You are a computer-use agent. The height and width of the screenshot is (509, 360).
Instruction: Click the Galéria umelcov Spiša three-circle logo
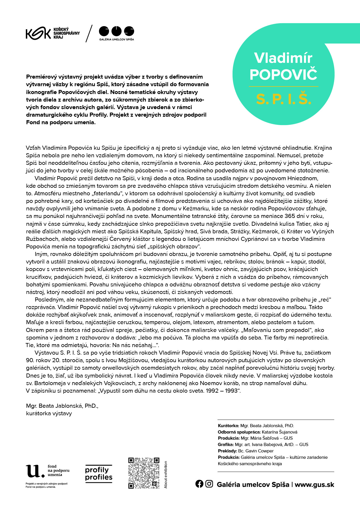pyautogui.click(x=116, y=31)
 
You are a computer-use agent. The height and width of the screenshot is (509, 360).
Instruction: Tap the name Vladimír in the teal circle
pyautogui.click(x=283, y=58)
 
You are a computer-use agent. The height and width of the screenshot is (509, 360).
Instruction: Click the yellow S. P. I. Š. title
pyautogui.click(x=284, y=99)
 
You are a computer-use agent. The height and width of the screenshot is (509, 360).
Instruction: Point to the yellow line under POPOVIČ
pyautogui.click(x=283, y=86)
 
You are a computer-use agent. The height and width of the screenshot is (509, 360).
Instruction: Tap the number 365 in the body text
pyautogui.click(x=290, y=216)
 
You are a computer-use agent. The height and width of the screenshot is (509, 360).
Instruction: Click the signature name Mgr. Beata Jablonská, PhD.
pyautogui.click(x=62, y=406)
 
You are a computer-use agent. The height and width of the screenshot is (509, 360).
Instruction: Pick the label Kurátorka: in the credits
pyautogui.click(x=228, y=426)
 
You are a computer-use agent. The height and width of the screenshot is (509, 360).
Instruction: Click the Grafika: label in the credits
pyautogui.click(x=226, y=445)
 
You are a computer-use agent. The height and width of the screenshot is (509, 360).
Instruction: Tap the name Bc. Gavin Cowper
pyautogui.click(x=256, y=451)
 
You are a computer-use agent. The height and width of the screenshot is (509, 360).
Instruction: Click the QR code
pyautogui.click(x=144, y=473)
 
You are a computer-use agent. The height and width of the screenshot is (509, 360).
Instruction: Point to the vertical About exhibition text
pyautogui.click(x=166, y=475)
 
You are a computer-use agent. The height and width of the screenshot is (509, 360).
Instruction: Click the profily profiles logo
pyautogui.click(x=99, y=474)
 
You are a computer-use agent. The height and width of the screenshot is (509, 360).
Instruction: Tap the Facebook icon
pyautogui.click(x=199, y=484)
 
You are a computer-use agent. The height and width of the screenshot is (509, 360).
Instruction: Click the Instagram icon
pyautogui.click(x=209, y=484)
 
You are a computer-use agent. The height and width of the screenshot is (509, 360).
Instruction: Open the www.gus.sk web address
pyautogui.click(x=314, y=485)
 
